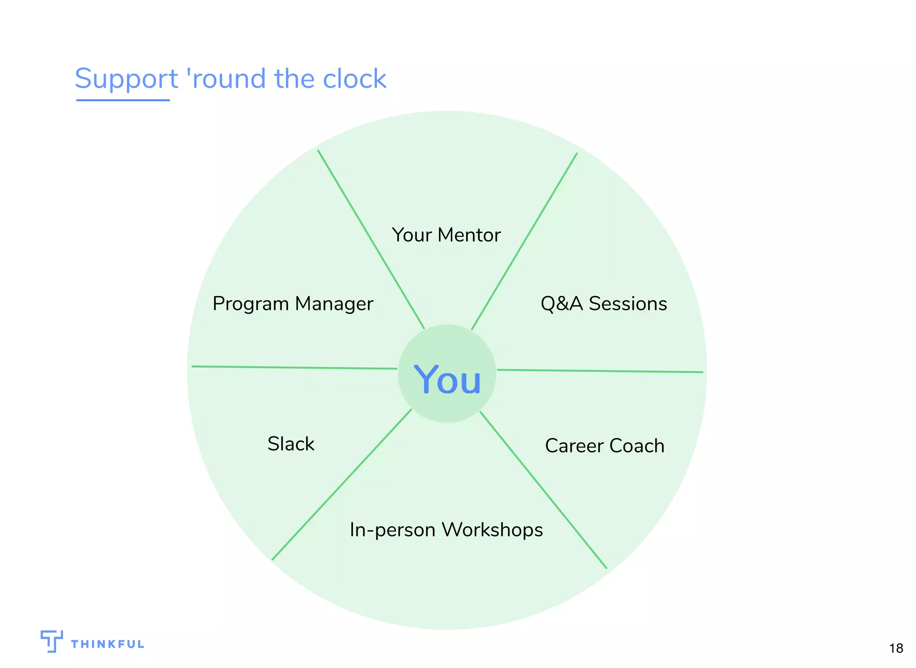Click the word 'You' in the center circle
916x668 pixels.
pyautogui.click(x=447, y=380)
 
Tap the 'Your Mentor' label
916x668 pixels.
pyautogui.click(x=446, y=235)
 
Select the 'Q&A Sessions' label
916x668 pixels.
pyautogui.click(x=603, y=304)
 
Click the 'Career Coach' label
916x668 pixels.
pyautogui.click(x=604, y=446)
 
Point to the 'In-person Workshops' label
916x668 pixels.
pyautogui.click(x=446, y=530)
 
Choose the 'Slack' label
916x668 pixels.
pyautogui.click(x=291, y=444)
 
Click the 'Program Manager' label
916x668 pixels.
pyautogui.click(x=293, y=304)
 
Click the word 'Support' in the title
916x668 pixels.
pyautogui.click(x=126, y=79)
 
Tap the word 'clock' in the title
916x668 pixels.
pyautogui.click(x=354, y=79)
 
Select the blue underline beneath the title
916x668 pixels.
pyautogui.click(x=123, y=100)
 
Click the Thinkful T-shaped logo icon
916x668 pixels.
pyautogui.click(x=51, y=641)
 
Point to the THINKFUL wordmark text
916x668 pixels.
pyautogui.click(x=107, y=644)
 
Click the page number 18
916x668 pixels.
pyautogui.click(x=896, y=648)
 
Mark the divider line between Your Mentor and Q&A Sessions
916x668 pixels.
pyautogui.click(x=524, y=241)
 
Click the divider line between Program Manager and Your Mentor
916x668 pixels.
pyautogui.click(x=371, y=240)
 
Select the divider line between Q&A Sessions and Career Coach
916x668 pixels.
pyautogui.click(x=599, y=371)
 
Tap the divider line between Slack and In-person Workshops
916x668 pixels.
pyautogui.click(x=341, y=484)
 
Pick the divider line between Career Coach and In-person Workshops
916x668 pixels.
pyautogui.click(x=543, y=490)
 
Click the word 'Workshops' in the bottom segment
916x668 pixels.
pyautogui.click(x=492, y=530)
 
